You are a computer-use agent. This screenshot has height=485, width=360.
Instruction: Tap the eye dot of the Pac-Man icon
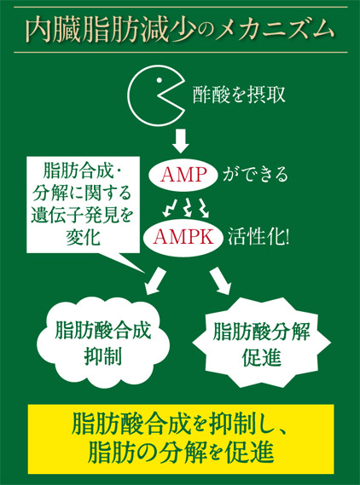[x=160, y=80]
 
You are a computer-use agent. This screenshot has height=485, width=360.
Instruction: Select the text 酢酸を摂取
[x=239, y=95]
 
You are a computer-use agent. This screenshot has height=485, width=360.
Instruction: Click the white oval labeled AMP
[x=183, y=175]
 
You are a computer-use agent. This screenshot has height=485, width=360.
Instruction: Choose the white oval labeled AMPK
[x=183, y=238]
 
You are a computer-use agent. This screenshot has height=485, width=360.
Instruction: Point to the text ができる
[x=256, y=175]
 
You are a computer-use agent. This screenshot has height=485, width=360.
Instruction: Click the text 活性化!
[x=258, y=238]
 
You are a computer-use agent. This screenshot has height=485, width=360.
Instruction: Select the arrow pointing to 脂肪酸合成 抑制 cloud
[x=155, y=280]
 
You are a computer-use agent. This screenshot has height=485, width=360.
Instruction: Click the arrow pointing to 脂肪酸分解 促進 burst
[x=221, y=280]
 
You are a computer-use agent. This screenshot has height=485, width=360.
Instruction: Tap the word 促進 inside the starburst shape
[x=262, y=358]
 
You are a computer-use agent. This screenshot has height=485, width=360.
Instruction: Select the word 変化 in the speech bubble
[x=83, y=238]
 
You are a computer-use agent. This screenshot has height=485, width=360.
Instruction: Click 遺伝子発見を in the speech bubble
[x=82, y=216]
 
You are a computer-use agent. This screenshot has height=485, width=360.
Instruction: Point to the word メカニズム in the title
[x=274, y=31]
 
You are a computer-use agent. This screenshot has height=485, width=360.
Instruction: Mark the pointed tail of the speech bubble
[x=144, y=273]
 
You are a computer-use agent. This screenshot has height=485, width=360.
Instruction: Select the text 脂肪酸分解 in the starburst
[x=261, y=332]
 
